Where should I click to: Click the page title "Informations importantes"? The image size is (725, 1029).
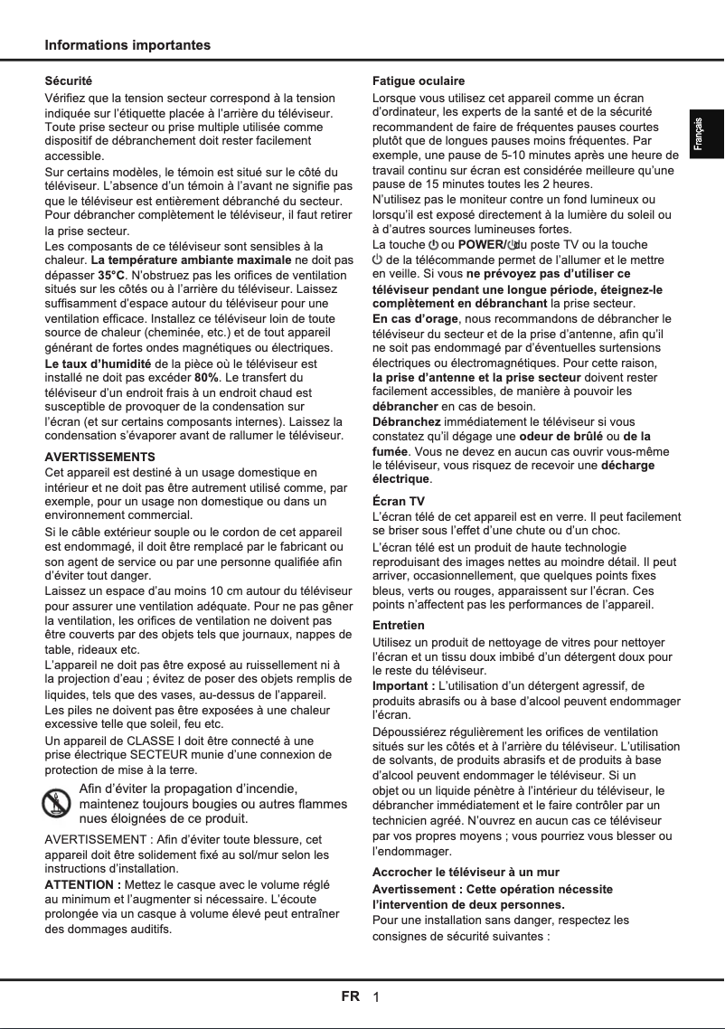pyautogui.click(x=127, y=45)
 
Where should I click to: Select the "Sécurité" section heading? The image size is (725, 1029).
pyautogui.click(x=69, y=81)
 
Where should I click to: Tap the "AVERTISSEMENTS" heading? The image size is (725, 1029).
pyautogui.click(x=99, y=457)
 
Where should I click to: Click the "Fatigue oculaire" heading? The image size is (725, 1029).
pyautogui.click(x=419, y=81)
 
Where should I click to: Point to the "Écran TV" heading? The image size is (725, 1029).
pyautogui.click(x=399, y=501)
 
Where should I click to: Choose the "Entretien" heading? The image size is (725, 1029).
pyautogui.click(x=399, y=626)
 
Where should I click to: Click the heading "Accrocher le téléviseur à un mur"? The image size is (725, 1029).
pyautogui.click(x=466, y=873)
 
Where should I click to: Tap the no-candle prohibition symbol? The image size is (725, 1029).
pyautogui.click(x=58, y=804)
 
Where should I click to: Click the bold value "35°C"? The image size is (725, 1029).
pyautogui.click(x=113, y=274)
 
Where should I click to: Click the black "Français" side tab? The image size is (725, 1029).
pyautogui.click(x=706, y=135)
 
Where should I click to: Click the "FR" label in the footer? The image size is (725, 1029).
pyautogui.click(x=350, y=997)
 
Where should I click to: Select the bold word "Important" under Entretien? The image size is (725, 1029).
pyautogui.click(x=402, y=686)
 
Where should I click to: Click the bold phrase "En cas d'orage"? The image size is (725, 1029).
pyautogui.click(x=416, y=318)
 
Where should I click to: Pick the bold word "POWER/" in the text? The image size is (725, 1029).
pyautogui.click(x=484, y=245)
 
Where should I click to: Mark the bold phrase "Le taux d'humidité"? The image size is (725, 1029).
pyautogui.click(x=98, y=363)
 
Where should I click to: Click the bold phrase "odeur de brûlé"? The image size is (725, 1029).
pyautogui.click(x=561, y=437)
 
